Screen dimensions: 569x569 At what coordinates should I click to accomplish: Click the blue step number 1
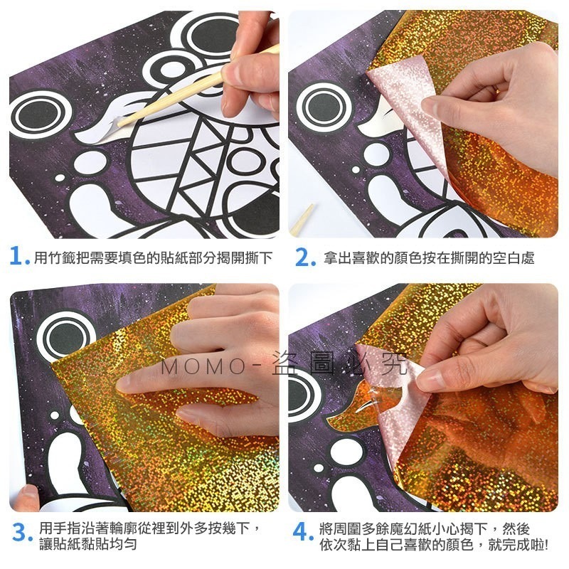point(18,257)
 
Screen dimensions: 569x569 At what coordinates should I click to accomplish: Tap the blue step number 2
point(304,257)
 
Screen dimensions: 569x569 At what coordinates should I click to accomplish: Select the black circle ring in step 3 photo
point(65,334)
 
